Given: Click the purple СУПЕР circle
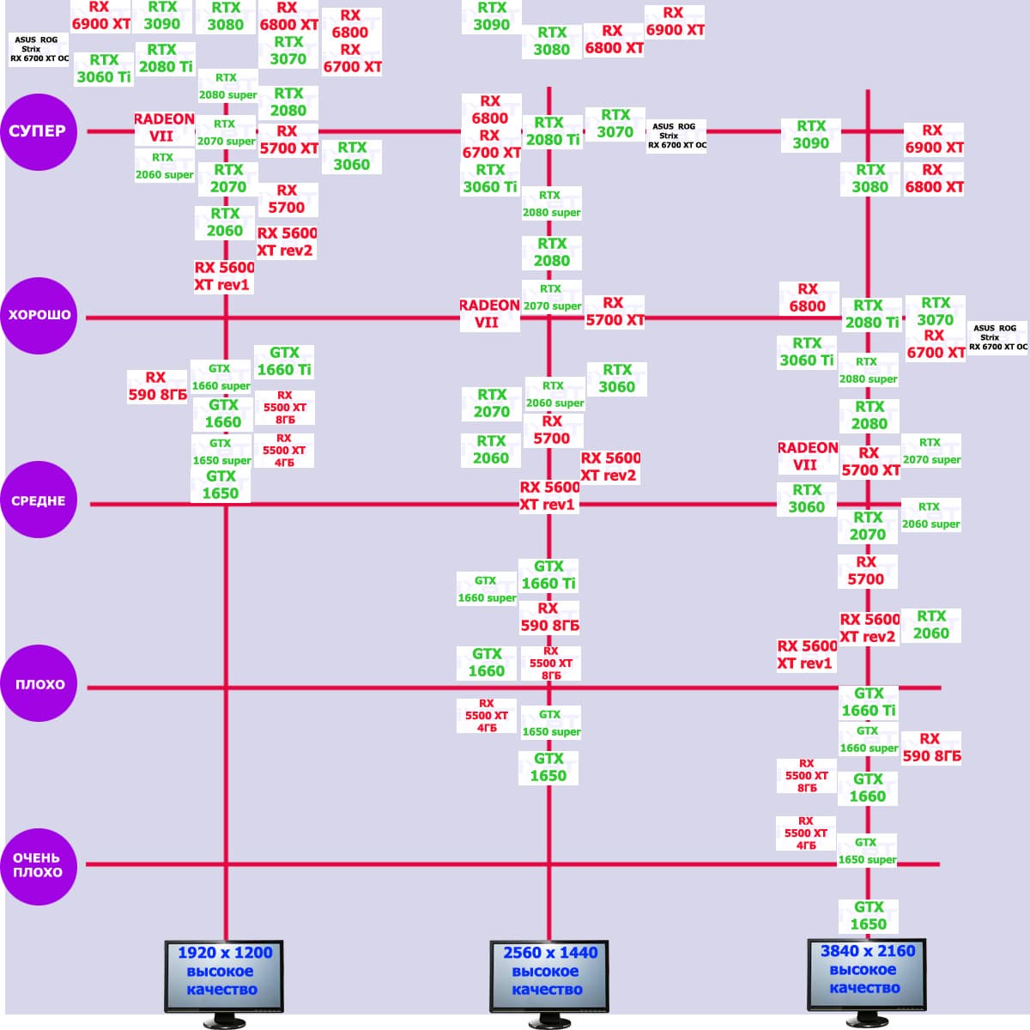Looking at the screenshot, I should click(39, 131).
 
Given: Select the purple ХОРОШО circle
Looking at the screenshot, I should click(39, 315).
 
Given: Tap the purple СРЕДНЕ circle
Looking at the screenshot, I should click(39, 501).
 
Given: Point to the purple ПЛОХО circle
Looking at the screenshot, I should click(39, 684).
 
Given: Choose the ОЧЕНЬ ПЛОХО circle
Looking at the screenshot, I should click(39, 865).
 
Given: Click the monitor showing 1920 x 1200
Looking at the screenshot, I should click(225, 978).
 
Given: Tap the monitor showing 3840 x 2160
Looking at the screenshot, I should click(867, 977).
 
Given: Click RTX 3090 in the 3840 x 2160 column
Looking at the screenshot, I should click(810, 135).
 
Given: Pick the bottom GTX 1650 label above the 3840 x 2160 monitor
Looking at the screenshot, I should click(869, 916).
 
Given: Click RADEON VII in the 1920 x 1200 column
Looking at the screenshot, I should click(163, 128).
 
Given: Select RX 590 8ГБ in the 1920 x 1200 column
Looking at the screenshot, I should click(157, 386).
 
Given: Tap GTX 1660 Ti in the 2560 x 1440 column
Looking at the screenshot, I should click(548, 575).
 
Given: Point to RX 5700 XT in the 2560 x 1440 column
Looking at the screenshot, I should click(614, 312).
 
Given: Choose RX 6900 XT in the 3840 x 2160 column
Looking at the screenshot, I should click(933, 139).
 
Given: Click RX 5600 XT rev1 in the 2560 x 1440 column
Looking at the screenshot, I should click(549, 496).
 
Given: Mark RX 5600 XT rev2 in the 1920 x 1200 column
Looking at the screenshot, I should click(287, 242).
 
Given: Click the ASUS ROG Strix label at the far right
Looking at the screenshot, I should click(997, 337).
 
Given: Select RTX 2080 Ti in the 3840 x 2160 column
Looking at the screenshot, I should click(871, 314).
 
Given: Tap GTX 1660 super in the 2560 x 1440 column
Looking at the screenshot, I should click(487, 590).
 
